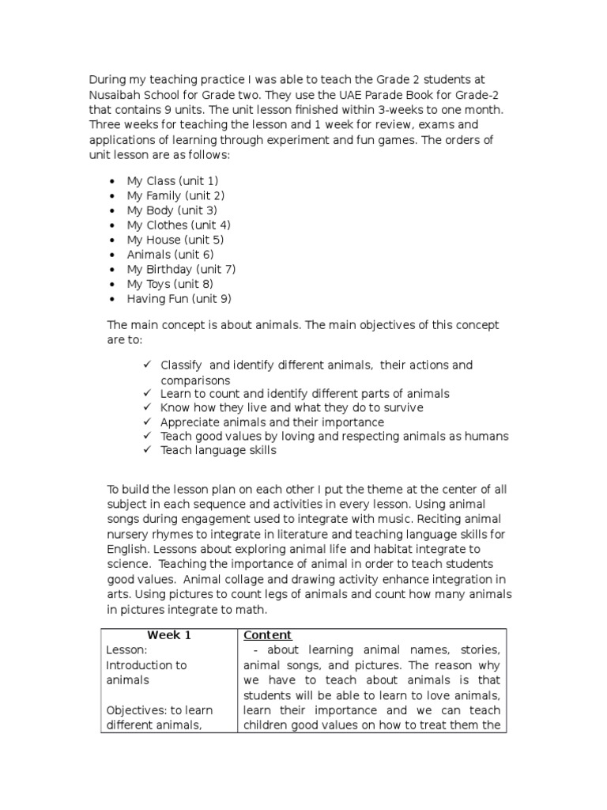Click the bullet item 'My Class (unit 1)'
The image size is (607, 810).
[172, 181]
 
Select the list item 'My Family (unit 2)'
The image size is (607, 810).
[175, 195]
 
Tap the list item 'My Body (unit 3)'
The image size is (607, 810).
[172, 210]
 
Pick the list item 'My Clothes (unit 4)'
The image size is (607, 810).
[179, 225]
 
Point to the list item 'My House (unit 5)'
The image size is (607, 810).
[175, 240]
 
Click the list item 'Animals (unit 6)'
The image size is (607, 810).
[170, 255]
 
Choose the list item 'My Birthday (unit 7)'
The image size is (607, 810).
[181, 269]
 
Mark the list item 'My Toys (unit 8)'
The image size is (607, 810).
[170, 284]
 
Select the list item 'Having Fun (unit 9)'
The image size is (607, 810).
[179, 298]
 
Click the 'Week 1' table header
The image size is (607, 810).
[169, 635]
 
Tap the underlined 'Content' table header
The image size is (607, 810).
[267, 635]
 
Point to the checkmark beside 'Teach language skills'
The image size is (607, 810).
[148, 451]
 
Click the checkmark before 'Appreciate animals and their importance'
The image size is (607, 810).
[148, 422]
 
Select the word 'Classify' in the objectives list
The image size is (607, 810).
[182, 365]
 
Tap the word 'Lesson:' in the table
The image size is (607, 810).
[125, 650]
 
